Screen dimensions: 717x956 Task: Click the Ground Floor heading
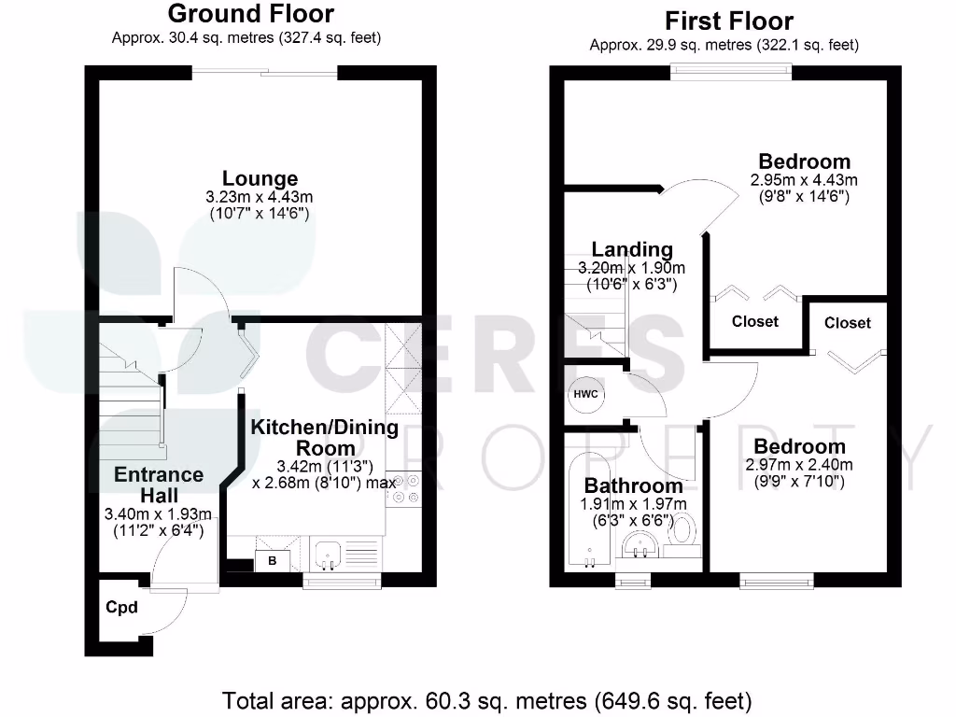pos(250,15)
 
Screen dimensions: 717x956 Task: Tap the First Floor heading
pos(729,21)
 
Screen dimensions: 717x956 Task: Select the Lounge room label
pos(260,178)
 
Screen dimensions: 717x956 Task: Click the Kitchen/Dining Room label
pos(324,437)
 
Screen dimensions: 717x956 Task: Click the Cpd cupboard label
pos(121,608)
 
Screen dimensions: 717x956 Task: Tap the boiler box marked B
pos(272,561)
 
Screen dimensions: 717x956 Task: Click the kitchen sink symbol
pos(328,555)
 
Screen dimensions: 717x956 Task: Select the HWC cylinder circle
pos(586,394)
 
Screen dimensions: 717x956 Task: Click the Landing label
pos(632,249)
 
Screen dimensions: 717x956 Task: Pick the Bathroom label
pos(633,485)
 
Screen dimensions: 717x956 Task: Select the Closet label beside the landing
pos(755,321)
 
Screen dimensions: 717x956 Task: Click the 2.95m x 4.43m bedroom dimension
pos(804,179)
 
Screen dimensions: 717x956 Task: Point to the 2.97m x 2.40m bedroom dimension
pos(799,465)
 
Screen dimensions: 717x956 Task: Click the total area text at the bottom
pos(486,699)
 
